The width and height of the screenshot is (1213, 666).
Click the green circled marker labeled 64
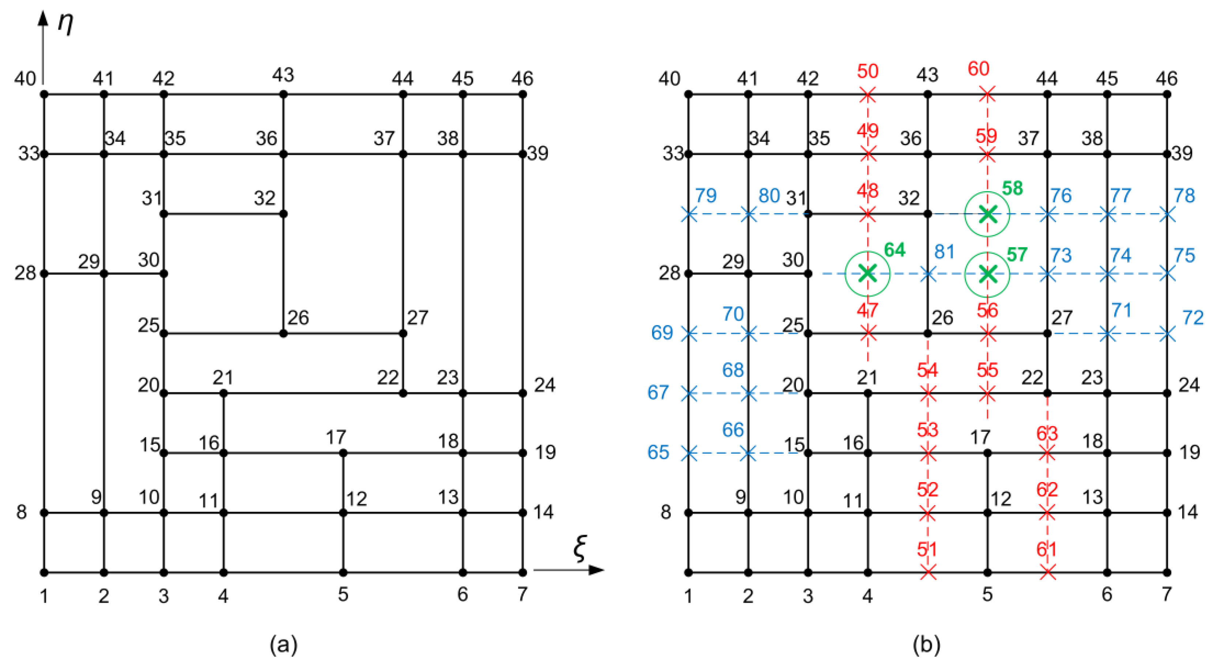pos(867,273)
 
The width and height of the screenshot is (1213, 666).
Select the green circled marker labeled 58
pos(987,214)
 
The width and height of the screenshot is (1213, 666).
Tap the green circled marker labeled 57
pos(987,273)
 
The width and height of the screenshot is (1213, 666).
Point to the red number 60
pos(979,69)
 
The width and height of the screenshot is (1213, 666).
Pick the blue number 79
pos(706,195)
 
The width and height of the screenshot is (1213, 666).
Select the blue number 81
pos(945,252)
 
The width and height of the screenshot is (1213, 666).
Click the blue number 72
pos(1193,318)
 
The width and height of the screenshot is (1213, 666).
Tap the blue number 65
pos(658,452)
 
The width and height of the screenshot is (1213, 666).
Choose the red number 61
pos(1047,549)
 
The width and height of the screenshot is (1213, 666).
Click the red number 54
pos(927,370)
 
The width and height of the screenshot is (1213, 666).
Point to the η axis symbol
pos(65,23)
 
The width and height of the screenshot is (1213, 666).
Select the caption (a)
pos(283,644)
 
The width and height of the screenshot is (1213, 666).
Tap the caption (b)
pos(927,644)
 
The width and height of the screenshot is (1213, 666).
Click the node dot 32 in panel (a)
pos(283,214)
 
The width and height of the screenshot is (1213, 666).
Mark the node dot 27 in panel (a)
pos(403,333)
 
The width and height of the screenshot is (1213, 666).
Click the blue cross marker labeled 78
pos(1167,214)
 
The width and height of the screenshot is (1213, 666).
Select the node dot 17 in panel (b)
pos(987,453)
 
